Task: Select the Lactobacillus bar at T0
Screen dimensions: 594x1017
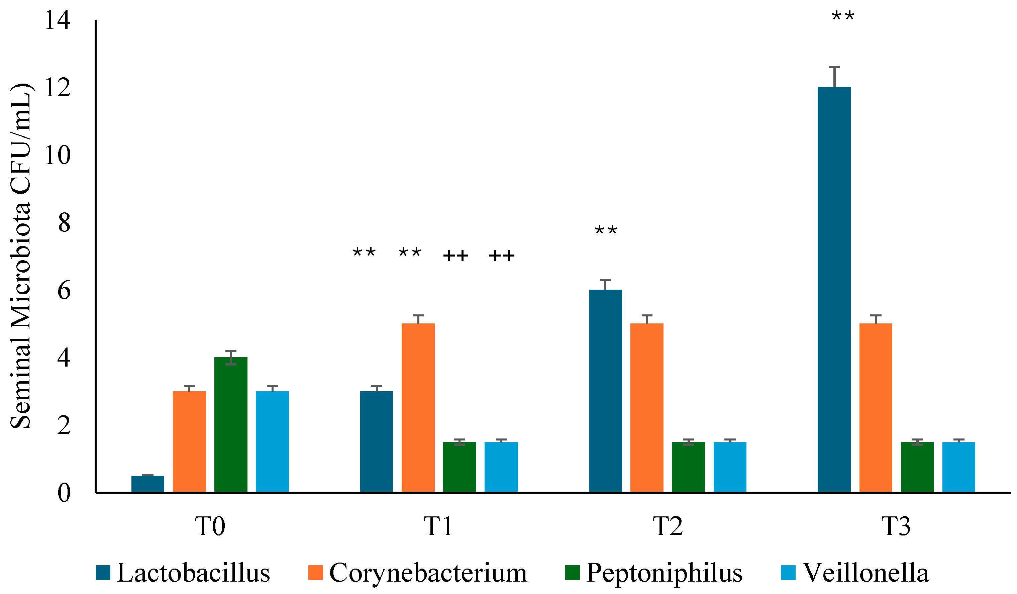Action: coord(148,484)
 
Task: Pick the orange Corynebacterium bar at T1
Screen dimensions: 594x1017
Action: coord(418,408)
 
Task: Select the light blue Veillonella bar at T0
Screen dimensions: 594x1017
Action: coord(273,441)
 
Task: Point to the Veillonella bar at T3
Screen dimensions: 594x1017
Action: coord(958,467)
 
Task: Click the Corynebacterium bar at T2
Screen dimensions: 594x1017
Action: coord(646,408)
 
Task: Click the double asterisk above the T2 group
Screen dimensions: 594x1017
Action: coord(606,231)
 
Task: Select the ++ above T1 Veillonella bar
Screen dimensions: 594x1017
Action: coord(502,256)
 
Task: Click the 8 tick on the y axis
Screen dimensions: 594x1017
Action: coord(64,223)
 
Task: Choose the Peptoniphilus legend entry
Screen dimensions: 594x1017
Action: coord(653,573)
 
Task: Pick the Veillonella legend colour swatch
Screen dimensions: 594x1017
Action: coord(788,573)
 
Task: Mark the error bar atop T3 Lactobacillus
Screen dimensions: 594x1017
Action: coord(834,77)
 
